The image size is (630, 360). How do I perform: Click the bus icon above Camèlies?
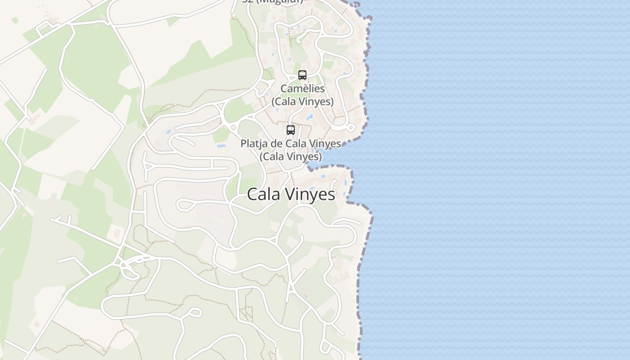click(x=302, y=75)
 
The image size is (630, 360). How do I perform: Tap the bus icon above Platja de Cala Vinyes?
click(x=291, y=130)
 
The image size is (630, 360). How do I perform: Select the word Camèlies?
click(x=302, y=89)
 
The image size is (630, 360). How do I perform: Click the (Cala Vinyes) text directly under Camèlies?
click(x=302, y=102)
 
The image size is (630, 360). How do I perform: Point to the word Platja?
click(x=255, y=144)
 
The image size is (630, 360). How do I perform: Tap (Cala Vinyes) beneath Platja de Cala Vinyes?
click(x=291, y=157)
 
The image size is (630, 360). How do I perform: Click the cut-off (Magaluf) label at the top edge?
click(x=273, y=1)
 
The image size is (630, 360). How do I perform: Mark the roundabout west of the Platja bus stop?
click(x=233, y=127)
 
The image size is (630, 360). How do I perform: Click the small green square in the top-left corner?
click(x=15, y=20)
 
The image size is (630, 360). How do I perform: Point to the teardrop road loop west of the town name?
click(x=184, y=205)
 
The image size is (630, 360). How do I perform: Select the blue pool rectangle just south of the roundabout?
click(x=221, y=146)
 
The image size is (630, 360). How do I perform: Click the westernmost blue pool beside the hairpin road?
click(x=168, y=132)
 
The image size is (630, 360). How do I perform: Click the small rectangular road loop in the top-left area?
click(x=45, y=30)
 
